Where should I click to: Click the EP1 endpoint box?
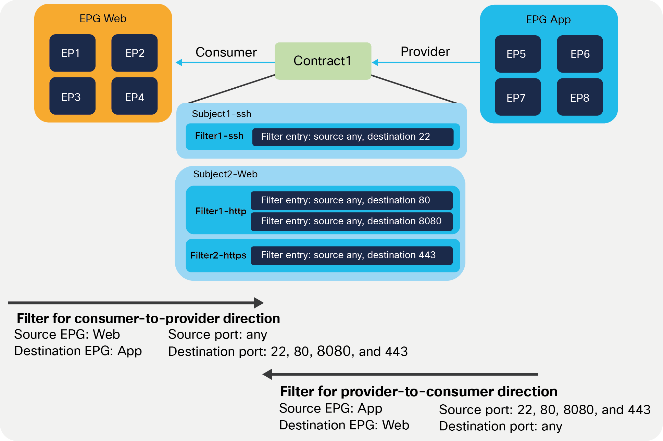(x=72, y=53)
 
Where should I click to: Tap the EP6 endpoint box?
(x=580, y=54)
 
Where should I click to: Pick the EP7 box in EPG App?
(x=517, y=97)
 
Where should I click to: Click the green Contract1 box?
(x=323, y=61)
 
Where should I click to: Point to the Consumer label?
(x=226, y=52)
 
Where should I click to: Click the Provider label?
(x=425, y=52)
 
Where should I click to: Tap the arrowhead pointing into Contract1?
(x=375, y=63)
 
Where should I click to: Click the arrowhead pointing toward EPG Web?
(x=179, y=63)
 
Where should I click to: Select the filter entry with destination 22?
(x=353, y=137)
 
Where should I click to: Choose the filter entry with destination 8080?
(x=351, y=222)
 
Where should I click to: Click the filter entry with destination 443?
(x=351, y=255)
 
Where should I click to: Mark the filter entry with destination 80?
(x=351, y=201)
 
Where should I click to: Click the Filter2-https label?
(x=218, y=255)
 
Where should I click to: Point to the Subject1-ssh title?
(x=222, y=114)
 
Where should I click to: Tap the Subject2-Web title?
(x=225, y=174)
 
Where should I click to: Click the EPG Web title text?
(x=103, y=18)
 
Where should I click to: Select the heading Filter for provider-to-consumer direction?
(x=418, y=391)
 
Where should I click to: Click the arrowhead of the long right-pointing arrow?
(x=259, y=303)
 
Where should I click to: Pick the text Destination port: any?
(x=500, y=426)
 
